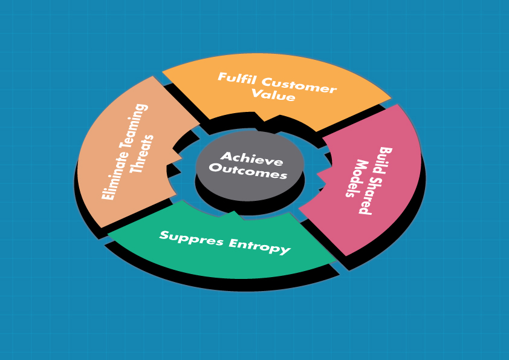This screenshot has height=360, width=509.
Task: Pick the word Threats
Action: (x=140, y=154)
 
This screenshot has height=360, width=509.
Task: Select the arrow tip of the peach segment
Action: (x=181, y=158)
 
